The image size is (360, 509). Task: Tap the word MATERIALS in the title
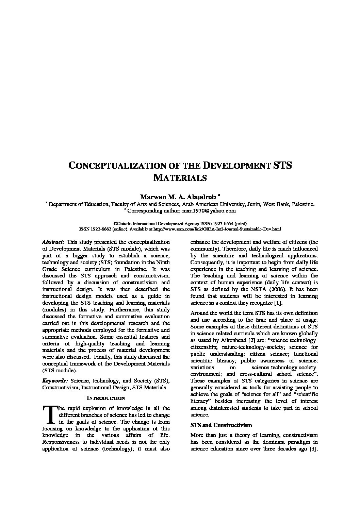(180, 177)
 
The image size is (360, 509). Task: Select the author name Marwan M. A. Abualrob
(178, 197)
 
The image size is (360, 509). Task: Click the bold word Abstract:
(53, 242)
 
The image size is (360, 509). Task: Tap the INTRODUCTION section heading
(106, 398)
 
